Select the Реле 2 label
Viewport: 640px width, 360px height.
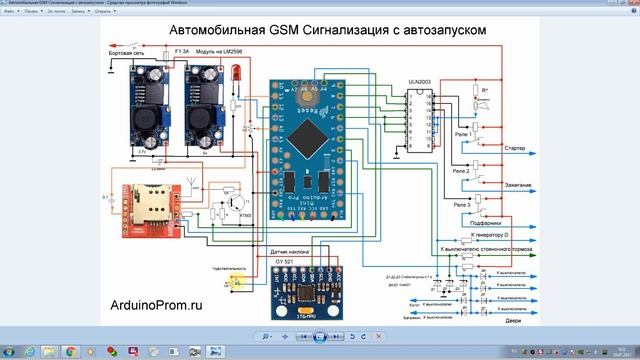tap(461, 171)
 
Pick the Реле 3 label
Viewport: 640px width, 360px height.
tap(462, 205)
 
